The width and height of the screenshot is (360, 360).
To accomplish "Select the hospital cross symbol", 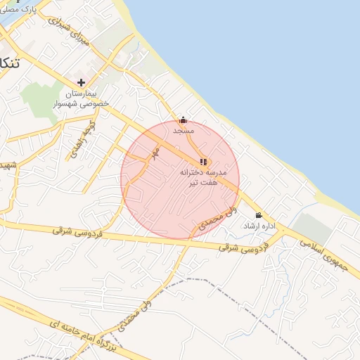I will (x=82, y=82).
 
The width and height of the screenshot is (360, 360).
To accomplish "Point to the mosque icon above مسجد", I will (x=184, y=120).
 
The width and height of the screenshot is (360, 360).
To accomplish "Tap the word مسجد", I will (x=184, y=131).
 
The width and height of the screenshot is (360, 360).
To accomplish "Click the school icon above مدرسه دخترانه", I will (x=204, y=162).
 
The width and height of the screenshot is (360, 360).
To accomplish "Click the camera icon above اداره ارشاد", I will (x=259, y=215).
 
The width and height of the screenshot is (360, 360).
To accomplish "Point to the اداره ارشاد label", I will (x=257, y=226).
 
